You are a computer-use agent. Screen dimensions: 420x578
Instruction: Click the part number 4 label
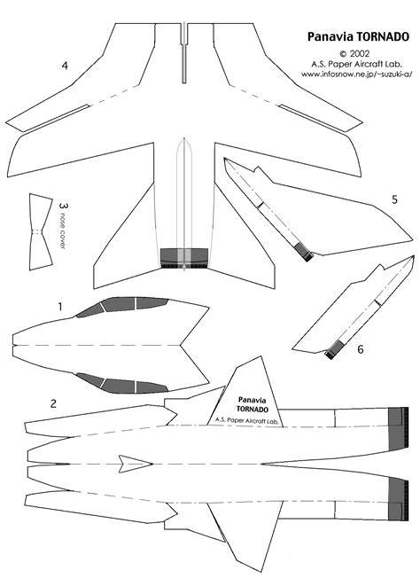[x=65, y=66]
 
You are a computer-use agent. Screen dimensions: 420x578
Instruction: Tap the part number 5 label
[x=394, y=199]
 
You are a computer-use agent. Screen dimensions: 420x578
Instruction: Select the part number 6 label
[x=361, y=348]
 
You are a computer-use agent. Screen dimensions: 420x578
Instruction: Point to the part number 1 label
[x=60, y=307]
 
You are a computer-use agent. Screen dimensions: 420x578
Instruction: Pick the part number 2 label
[x=53, y=403]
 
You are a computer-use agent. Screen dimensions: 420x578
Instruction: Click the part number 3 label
[x=64, y=206]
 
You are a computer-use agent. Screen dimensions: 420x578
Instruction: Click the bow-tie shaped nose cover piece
[x=41, y=232]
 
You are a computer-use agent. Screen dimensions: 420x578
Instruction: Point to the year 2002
[x=360, y=54]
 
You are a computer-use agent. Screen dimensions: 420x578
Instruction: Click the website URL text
[x=356, y=74]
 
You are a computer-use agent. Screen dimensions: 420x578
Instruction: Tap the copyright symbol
[x=343, y=54]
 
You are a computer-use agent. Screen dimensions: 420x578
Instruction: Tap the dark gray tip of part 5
[x=304, y=252]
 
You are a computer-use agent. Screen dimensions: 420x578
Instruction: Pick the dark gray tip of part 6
[x=334, y=350]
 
